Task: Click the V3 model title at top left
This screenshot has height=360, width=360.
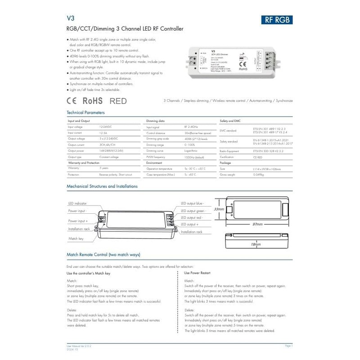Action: point(70,19)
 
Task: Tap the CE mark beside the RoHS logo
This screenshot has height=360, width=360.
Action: point(73,100)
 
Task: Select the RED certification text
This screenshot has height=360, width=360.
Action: point(118,101)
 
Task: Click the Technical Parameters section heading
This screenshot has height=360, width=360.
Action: point(85,112)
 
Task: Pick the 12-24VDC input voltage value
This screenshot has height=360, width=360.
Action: point(106,128)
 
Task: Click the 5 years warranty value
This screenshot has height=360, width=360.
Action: point(103,167)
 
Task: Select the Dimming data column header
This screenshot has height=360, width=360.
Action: point(156,121)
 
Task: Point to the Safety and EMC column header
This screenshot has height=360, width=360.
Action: point(230,121)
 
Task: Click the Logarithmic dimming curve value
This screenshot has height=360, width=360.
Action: point(192,150)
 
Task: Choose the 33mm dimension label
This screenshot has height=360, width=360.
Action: point(219,209)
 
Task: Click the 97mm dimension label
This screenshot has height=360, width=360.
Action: point(257,224)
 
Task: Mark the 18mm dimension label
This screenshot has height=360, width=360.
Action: point(256,244)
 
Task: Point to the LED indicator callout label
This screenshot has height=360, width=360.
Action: point(77,204)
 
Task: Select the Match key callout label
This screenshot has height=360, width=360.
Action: point(76,238)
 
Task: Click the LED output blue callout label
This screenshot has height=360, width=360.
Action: point(192,203)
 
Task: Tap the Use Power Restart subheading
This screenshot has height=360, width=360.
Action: point(197,273)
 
